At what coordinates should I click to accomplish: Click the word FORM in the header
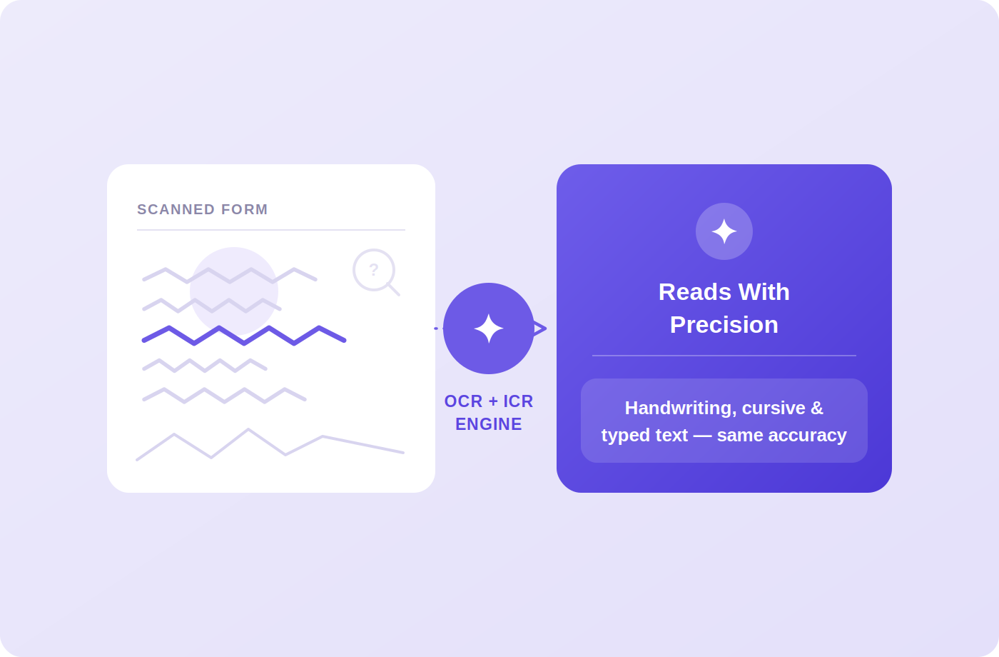point(244,209)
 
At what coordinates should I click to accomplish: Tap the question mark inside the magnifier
point(374,270)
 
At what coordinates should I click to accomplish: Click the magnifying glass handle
point(393,289)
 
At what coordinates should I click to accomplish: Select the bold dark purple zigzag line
point(244,336)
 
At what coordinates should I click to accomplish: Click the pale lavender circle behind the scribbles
point(234,291)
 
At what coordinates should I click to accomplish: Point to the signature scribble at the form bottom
point(270,444)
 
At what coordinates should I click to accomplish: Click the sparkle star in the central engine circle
point(489,328)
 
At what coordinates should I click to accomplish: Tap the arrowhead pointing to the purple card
point(540,328)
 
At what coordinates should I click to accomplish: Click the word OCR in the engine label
point(463,401)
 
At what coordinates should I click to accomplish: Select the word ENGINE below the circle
point(489,424)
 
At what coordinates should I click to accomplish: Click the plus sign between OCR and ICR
point(493,401)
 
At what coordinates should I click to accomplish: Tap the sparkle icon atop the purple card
point(724,231)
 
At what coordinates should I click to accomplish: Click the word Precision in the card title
point(724,324)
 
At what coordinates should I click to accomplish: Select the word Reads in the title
point(695,292)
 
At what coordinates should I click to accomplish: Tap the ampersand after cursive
point(817,408)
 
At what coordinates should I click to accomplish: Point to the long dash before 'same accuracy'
point(702,436)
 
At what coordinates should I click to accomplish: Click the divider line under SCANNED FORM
point(271,230)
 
